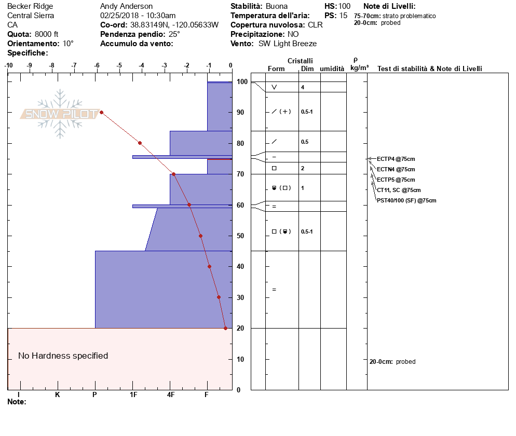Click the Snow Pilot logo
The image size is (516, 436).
tap(60, 114)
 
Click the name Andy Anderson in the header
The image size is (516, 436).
tap(126, 6)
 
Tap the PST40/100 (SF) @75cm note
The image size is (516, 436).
tap(406, 200)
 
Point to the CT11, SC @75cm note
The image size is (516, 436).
tap(399, 190)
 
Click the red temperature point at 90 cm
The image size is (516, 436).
tap(101, 112)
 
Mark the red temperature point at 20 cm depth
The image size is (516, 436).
tap(225, 328)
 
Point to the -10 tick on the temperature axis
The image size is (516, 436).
tap(9, 66)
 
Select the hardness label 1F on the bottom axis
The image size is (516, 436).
tap(133, 395)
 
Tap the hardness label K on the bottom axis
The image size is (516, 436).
tap(57, 395)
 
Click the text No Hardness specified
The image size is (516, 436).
tap(63, 356)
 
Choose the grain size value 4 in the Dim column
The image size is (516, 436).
tap(303, 87)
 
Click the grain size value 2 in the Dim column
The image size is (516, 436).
tap(303, 168)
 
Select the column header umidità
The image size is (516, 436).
tap(332, 69)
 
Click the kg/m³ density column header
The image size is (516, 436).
tap(359, 68)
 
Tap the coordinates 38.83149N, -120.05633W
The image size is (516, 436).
tap(174, 25)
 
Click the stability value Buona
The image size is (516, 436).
tap(277, 6)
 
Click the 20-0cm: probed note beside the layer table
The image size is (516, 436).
tap(392, 362)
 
